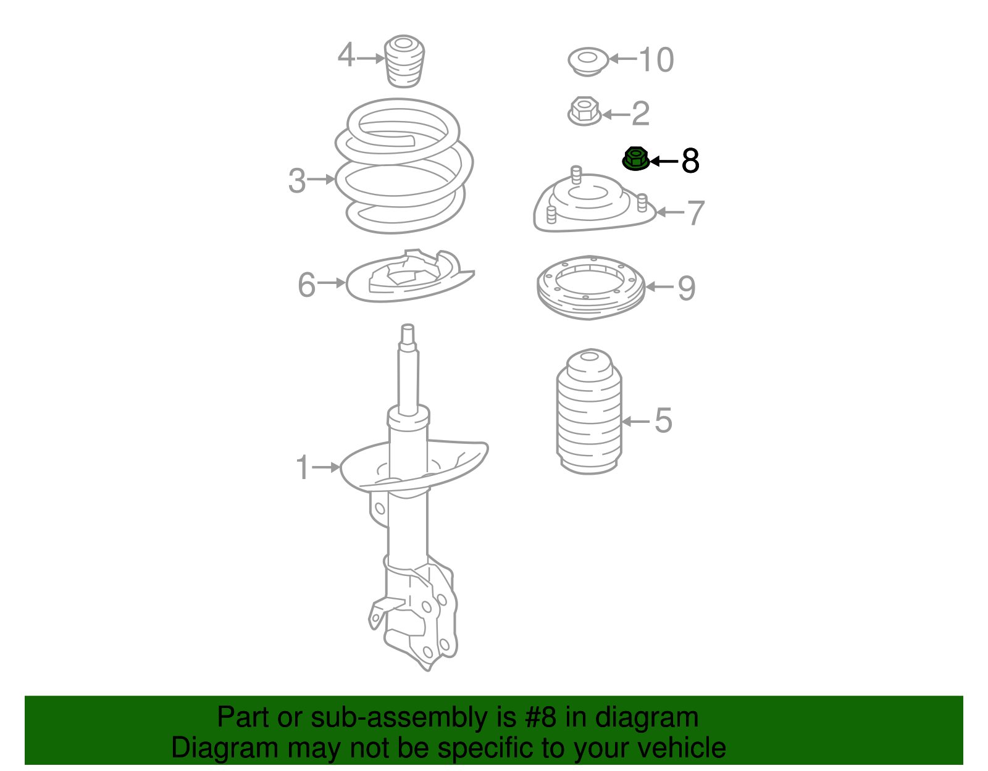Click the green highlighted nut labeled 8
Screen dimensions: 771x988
(635, 159)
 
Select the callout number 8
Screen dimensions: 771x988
(690, 161)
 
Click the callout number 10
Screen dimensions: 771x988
(656, 60)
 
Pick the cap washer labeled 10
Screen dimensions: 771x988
(588, 61)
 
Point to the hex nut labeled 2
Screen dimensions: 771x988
(584, 112)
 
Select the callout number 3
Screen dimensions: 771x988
(297, 180)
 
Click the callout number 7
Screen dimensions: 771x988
(695, 213)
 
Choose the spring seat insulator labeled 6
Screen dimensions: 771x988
(408, 278)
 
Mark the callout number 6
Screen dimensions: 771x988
(306, 285)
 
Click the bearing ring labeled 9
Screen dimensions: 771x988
(591, 287)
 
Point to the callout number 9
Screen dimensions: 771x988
(687, 288)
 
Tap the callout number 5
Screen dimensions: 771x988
(663, 421)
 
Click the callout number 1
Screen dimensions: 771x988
(302, 467)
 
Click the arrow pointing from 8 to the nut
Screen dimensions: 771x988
(664, 161)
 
